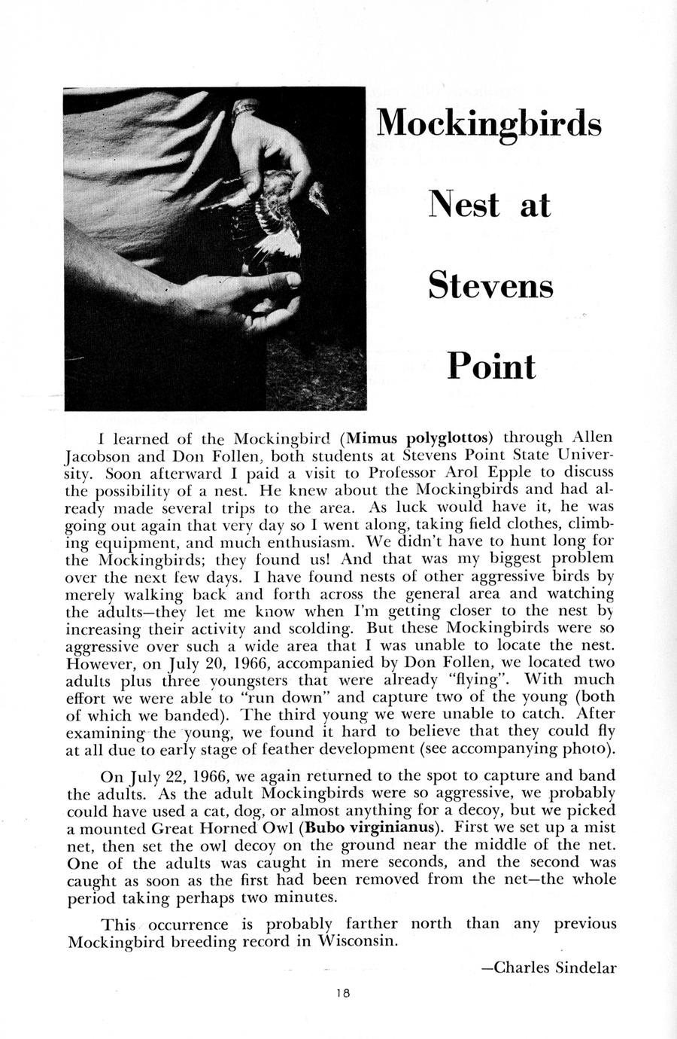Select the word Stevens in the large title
pyautogui.click(x=490, y=285)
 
